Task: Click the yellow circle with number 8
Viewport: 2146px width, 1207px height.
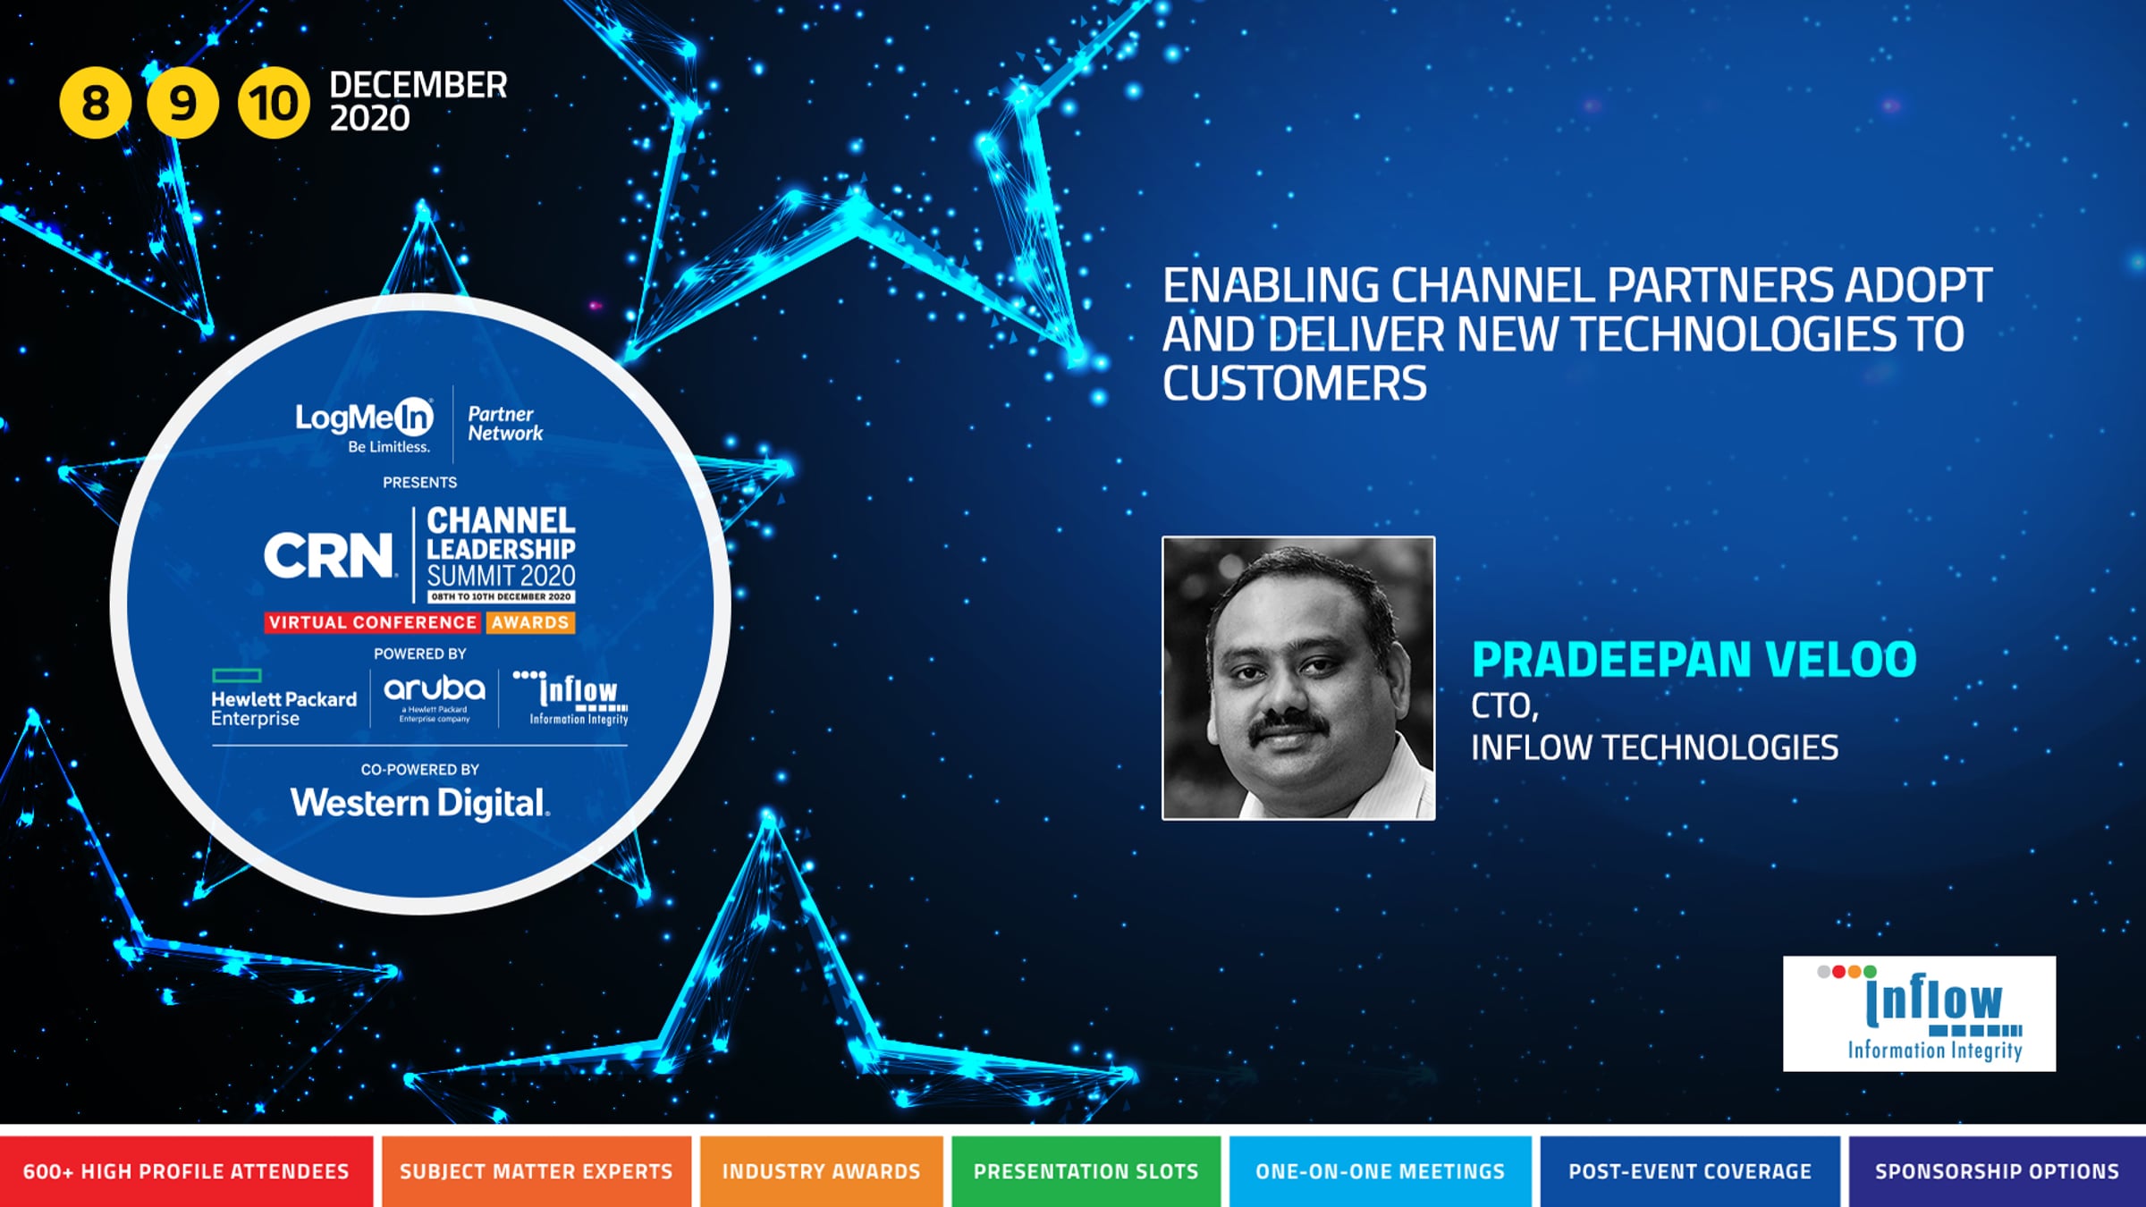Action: (x=95, y=103)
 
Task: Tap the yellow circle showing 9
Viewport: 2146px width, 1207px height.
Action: (x=182, y=103)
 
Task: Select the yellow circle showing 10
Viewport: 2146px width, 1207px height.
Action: (x=273, y=103)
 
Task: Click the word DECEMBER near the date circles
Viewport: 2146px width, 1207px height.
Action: (x=418, y=86)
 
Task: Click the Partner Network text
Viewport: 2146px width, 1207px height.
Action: (x=505, y=424)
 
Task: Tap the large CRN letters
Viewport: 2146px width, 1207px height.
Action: (x=329, y=555)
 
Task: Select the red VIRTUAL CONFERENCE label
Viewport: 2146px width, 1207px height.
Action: (x=373, y=622)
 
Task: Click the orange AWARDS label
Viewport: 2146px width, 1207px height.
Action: (x=530, y=622)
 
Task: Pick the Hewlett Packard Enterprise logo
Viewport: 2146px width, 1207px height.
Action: (x=283, y=698)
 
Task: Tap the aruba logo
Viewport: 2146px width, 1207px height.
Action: (x=435, y=697)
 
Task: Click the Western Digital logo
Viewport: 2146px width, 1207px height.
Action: (x=420, y=803)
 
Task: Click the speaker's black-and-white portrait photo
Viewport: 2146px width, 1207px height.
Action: (x=1298, y=678)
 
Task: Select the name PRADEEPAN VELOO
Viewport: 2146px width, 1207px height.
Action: (x=1694, y=660)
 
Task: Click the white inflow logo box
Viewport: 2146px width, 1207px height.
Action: (x=1919, y=1014)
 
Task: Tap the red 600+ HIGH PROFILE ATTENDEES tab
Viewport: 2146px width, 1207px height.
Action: (x=186, y=1171)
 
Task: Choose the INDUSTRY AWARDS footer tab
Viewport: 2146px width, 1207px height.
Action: (x=821, y=1171)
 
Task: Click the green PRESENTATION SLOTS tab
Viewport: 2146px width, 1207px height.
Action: (x=1086, y=1171)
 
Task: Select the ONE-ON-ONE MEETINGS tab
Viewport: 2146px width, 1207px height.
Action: (x=1380, y=1171)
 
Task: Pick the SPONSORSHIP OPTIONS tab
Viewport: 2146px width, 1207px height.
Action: (x=1997, y=1171)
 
